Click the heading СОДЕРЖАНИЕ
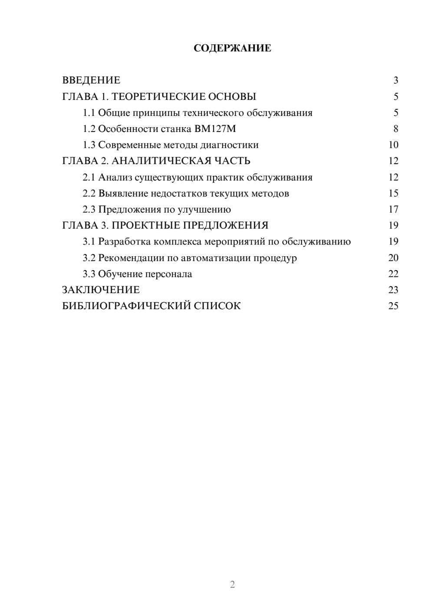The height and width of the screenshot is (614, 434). point(232,48)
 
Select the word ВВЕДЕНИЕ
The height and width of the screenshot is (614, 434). point(91,80)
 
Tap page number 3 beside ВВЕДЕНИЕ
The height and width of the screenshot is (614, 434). point(395,80)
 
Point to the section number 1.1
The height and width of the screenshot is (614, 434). point(89,113)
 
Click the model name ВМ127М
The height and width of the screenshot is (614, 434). point(216,129)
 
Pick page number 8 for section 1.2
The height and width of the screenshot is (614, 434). point(395,129)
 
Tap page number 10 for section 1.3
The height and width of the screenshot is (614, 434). point(393,145)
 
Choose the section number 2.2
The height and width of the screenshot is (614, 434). point(89,193)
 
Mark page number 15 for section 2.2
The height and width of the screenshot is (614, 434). point(393,193)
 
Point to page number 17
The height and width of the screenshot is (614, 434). point(393,209)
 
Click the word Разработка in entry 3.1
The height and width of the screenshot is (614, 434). point(125,241)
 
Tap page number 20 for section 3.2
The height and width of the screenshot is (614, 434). point(393,257)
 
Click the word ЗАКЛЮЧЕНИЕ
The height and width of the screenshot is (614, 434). point(101,290)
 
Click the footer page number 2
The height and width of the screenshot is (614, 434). point(232,584)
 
